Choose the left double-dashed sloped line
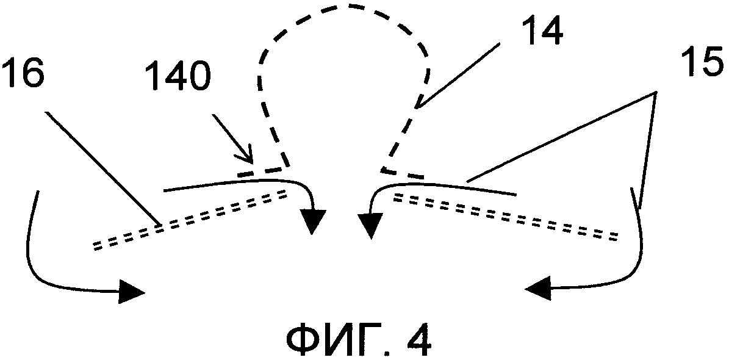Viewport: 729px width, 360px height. coord(189,220)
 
